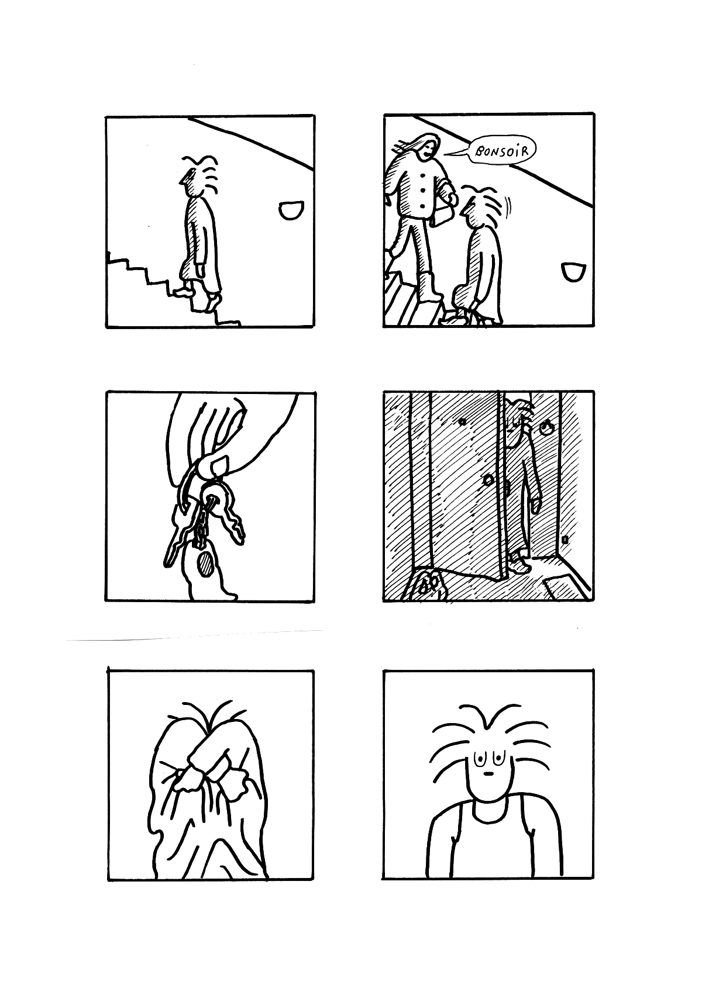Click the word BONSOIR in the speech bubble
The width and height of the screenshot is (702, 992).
pos(502,151)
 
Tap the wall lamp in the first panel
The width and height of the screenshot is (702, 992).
pos(291,210)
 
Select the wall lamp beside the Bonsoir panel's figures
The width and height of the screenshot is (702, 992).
pos(573,271)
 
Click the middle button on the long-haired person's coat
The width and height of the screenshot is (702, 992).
pos(422,189)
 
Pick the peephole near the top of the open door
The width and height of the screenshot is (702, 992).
pos(462,422)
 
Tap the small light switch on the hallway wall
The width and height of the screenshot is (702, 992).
pos(565,540)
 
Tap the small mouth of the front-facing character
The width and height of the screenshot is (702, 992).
pos(487,775)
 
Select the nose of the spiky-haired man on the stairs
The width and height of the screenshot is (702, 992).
pos(183,179)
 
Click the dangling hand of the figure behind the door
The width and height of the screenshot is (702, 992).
pos(536,505)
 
